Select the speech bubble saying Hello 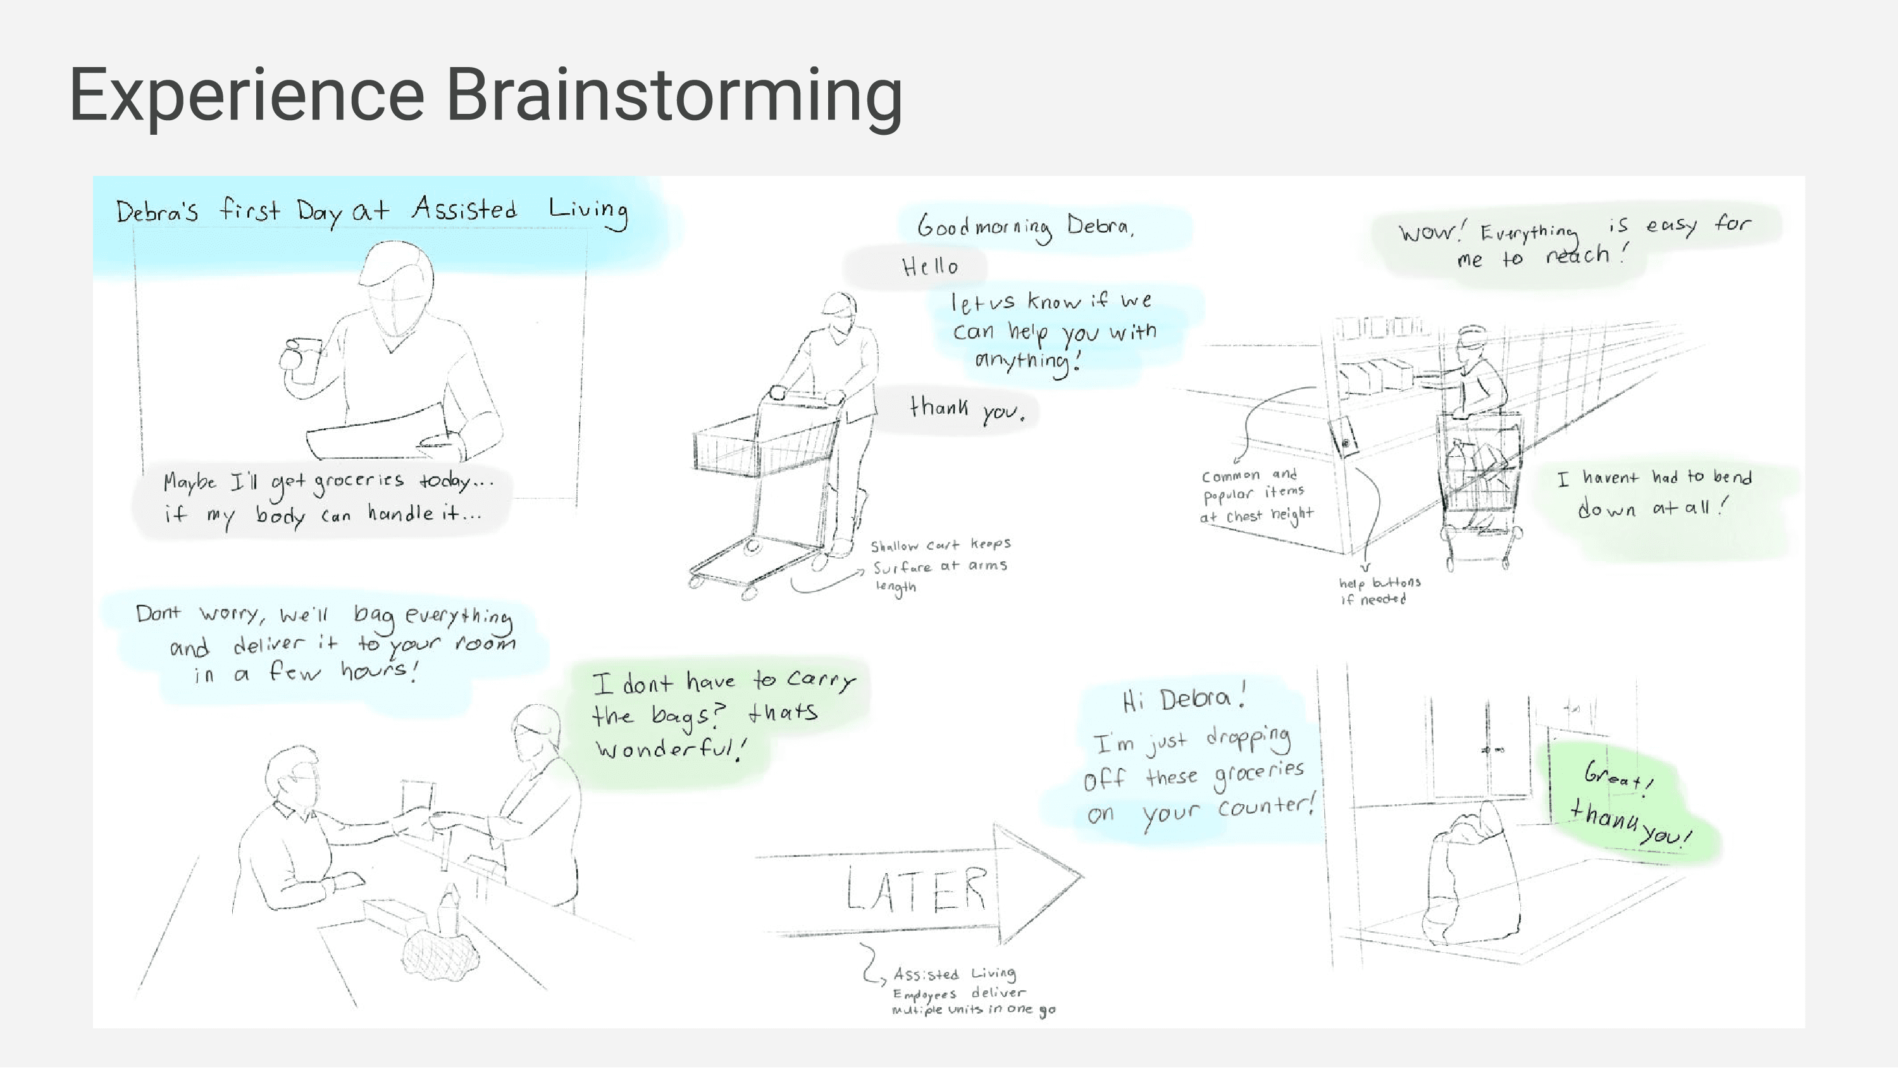930,266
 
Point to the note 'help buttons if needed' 1379,590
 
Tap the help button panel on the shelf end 1344,437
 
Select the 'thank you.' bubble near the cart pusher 967,409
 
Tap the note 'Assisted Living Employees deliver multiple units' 972,991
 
